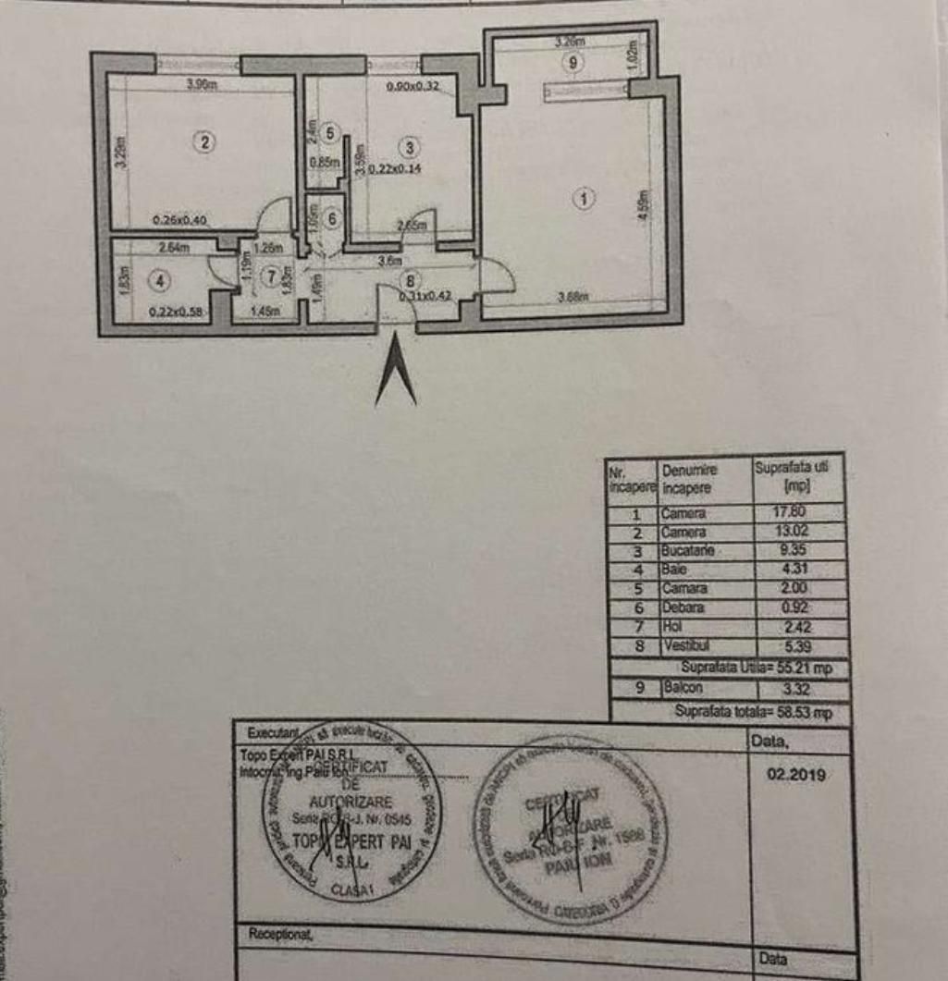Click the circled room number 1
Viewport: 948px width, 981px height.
point(583,197)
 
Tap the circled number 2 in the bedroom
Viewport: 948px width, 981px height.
point(204,141)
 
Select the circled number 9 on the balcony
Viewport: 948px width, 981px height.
point(573,63)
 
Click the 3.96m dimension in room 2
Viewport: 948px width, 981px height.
point(201,85)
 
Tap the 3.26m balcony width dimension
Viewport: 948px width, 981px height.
point(569,42)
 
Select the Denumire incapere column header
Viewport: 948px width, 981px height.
point(689,479)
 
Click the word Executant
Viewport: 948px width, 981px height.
point(274,732)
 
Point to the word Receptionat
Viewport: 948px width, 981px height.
point(280,935)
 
